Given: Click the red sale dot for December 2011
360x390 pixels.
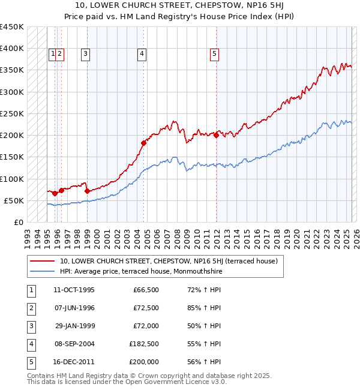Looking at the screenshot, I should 216,135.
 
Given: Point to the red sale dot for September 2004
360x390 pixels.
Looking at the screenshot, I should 143,143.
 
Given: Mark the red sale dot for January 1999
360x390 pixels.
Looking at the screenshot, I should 87,191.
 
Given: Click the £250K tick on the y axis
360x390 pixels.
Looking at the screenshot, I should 12,113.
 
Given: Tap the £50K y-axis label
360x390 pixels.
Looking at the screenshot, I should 14,200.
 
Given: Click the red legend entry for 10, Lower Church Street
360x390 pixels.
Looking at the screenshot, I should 168,261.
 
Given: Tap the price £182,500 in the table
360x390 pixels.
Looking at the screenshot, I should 144,344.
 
